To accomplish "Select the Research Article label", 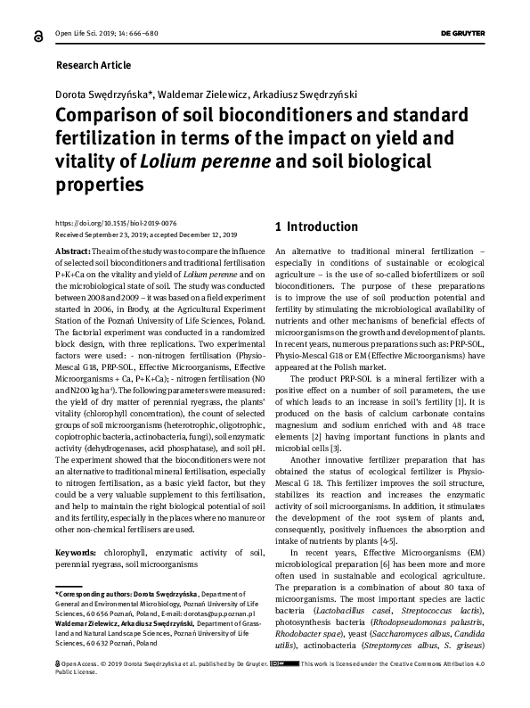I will click(x=93, y=65).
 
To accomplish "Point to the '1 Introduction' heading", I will click(x=315, y=227).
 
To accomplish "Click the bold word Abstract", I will click(x=72, y=253).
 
